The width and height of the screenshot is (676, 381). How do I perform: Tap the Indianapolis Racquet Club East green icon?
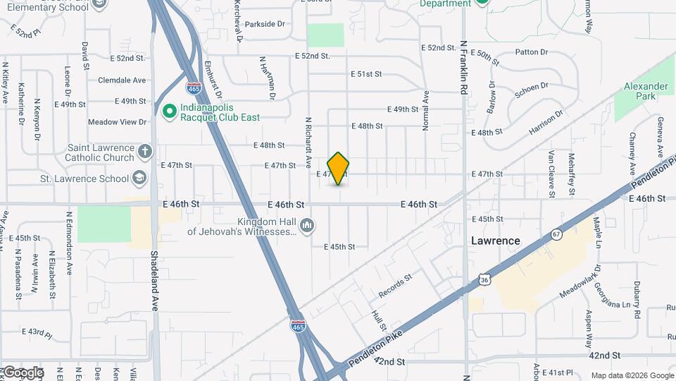point(168,111)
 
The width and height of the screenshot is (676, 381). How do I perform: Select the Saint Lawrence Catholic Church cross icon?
point(145,152)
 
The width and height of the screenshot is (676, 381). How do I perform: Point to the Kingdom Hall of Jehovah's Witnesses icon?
point(306,226)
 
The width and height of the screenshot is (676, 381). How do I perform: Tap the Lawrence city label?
point(495,241)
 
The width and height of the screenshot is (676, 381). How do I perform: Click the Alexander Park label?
point(645,92)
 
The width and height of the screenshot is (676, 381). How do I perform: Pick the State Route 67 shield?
point(556,234)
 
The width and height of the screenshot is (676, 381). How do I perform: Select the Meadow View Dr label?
point(117,122)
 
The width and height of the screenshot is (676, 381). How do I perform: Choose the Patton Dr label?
point(531,52)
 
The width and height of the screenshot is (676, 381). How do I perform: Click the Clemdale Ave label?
point(122,80)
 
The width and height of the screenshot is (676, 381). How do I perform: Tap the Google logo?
point(23,373)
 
